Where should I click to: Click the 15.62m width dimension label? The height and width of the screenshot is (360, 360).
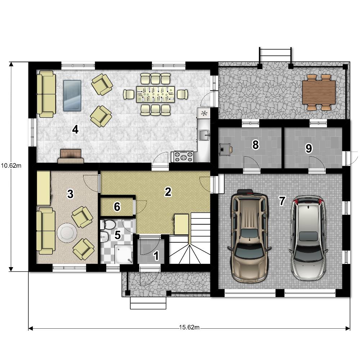tap(189, 327)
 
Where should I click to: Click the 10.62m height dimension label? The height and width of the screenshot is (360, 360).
tap(11, 165)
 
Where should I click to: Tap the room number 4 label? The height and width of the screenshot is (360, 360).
tap(75, 130)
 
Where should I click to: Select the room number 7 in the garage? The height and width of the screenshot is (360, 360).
tap(282, 201)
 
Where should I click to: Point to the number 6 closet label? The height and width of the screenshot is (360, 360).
tap(117, 207)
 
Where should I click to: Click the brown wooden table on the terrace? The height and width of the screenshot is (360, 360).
tap(319, 92)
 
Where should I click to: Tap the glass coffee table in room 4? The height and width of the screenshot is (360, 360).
tap(72, 95)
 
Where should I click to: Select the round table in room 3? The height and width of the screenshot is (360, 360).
tap(67, 233)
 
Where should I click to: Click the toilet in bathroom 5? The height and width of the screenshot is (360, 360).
tap(108, 224)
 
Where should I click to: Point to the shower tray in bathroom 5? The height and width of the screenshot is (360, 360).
tap(124, 255)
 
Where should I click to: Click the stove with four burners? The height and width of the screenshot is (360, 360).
tap(183, 157)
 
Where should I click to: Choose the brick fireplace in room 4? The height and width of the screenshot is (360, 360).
tap(71, 156)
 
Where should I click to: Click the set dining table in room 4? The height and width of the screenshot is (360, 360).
tap(156, 94)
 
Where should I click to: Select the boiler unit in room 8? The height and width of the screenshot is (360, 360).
tap(225, 149)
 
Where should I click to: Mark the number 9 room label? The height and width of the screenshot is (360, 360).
tap(309, 148)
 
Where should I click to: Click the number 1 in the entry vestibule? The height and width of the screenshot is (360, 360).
tap(156, 256)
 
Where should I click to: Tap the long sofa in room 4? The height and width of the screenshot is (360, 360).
tap(46, 94)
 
